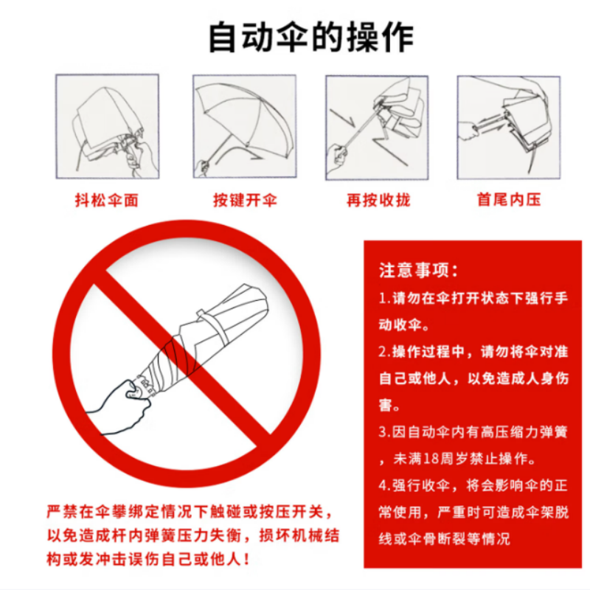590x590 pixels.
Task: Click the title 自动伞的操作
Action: [311, 38]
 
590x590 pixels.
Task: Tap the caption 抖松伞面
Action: [107, 200]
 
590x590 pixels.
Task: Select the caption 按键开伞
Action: [245, 200]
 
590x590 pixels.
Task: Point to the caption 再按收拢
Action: [378, 200]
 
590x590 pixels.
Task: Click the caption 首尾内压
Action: [509, 199]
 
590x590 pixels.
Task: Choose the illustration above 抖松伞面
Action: [107, 126]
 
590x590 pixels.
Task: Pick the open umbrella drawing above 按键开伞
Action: [245, 126]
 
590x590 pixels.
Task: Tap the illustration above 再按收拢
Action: [377, 128]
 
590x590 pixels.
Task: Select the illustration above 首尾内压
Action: [509, 128]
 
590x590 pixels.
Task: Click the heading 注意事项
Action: [418, 270]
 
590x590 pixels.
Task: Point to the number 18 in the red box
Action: [431, 459]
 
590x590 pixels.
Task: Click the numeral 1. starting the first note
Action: [384, 298]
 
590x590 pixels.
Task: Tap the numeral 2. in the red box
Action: [384, 352]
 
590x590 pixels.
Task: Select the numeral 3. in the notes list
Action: [384, 431]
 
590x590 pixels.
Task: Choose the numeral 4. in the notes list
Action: [384, 485]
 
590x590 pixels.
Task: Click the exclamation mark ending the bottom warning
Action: [246, 559]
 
